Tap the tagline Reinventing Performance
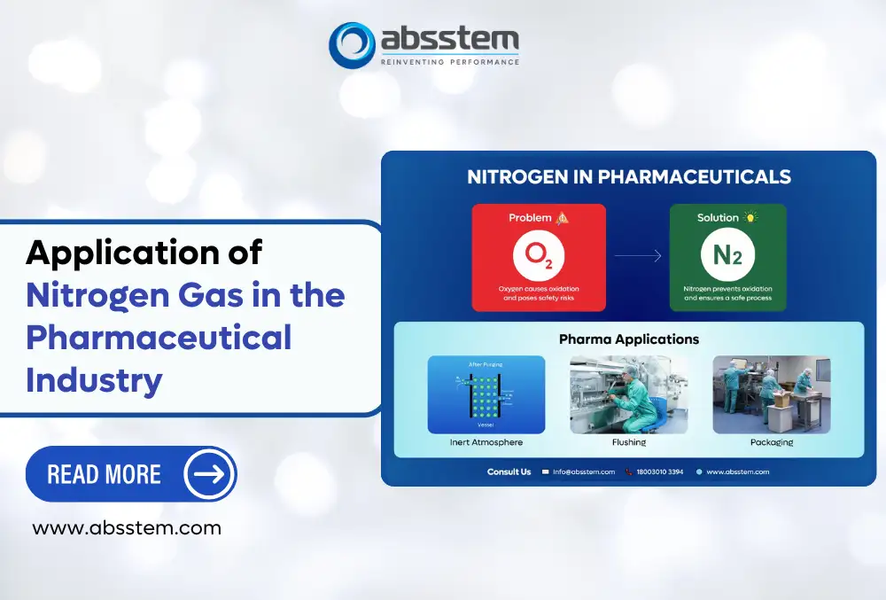point(449,61)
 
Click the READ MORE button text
point(104,474)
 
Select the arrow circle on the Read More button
point(209,474)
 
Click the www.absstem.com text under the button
point(127,528)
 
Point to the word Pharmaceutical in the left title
point(159,338)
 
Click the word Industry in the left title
point(94,379)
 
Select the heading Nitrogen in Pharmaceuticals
point(628,176)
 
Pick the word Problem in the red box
point(530,217)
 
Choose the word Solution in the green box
point(718,217)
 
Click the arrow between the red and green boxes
point(638,256)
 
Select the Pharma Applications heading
point(628,339)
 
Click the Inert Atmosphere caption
point(486,442)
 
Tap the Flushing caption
point(628,442)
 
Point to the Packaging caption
point(771,442)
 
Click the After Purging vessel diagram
point(486,394)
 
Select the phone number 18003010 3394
point(659,471)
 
